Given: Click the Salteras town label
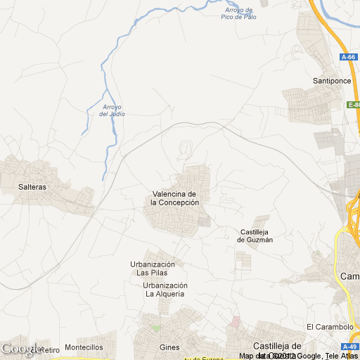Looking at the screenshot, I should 33,187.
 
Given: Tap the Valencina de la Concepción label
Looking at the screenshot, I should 175,198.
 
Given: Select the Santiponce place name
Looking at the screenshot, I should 331,81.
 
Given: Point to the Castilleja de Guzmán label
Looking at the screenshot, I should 255,236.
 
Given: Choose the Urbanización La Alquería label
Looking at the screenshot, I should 165,290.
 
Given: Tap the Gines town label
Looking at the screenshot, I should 170,347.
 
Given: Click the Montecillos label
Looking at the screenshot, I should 84,347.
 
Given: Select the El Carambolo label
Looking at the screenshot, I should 330,327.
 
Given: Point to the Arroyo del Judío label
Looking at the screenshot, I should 112,110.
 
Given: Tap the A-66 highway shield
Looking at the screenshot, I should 348,57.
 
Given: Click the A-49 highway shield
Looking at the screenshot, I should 349,347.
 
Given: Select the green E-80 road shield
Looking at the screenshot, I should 354,105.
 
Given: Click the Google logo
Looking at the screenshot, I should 21,349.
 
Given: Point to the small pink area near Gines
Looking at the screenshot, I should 236,321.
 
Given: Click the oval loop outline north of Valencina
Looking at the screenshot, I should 187,148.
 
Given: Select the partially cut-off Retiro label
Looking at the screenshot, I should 49,349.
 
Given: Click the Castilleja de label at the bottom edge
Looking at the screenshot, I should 277,346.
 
